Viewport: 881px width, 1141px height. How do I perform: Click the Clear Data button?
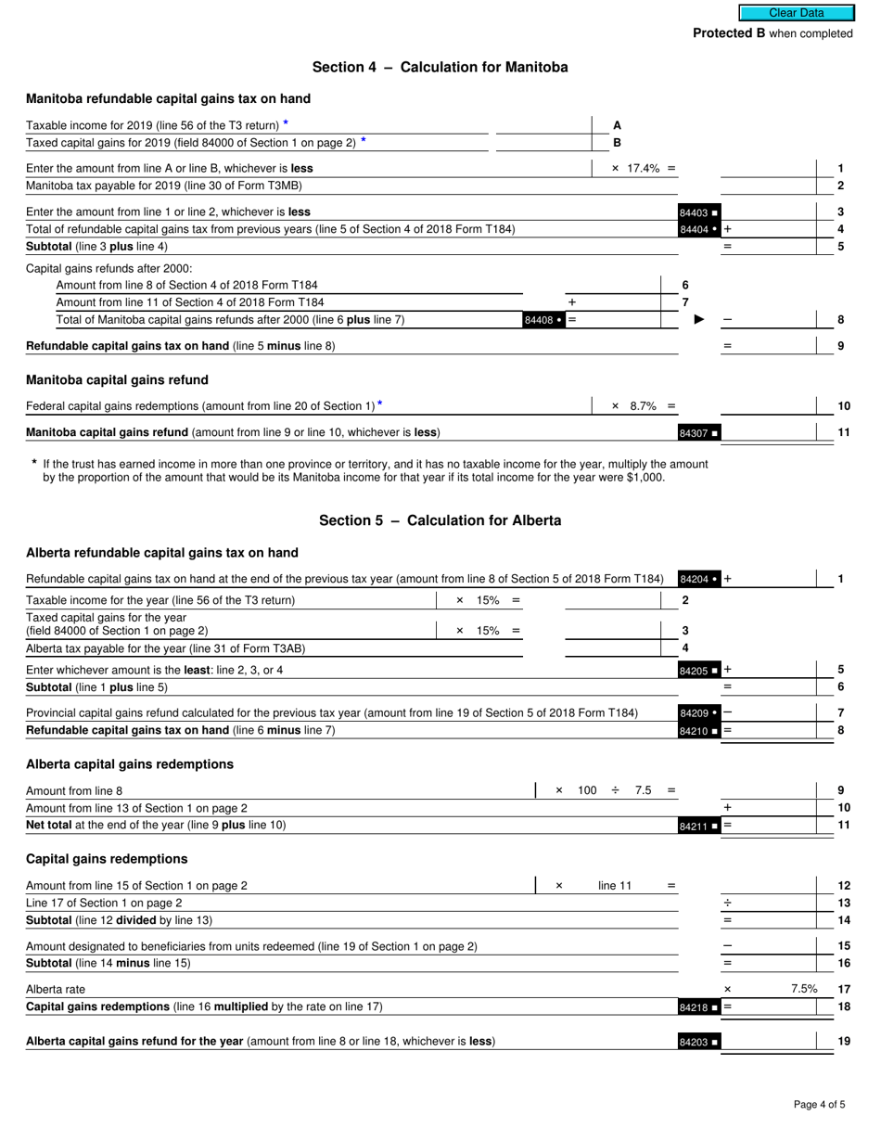pyautogui.click(x=796, y=13)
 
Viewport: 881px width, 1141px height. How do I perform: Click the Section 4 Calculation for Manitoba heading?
pyautogui.click(x=440, y=67)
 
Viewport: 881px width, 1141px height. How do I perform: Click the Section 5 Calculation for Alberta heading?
pyautogui.click(x=440, y=520)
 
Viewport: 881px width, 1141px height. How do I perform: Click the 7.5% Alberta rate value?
pyautogui.click(x=803, y=989)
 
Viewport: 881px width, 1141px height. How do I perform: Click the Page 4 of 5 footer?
pyautogui.click(x=819, y=1104)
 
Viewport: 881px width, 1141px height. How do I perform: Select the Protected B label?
pyautogui.click(x=772, y=33)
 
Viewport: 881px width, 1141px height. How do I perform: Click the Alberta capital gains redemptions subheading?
pyautogui.click(x=130, y=764)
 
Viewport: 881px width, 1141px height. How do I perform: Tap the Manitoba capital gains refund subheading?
pyautogui.click(x=117, y=380)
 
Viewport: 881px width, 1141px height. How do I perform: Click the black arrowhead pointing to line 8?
pyautogui.click(x=699, y=320)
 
